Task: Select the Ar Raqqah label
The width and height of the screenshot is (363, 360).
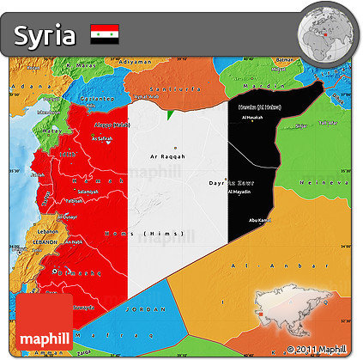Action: (167, 156)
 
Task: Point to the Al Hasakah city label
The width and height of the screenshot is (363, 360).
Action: (252, 117)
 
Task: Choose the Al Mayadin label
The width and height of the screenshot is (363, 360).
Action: (241, 192)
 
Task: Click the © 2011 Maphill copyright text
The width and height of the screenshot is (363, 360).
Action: (317, 349)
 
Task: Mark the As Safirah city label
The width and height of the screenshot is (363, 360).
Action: (103, 138)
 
